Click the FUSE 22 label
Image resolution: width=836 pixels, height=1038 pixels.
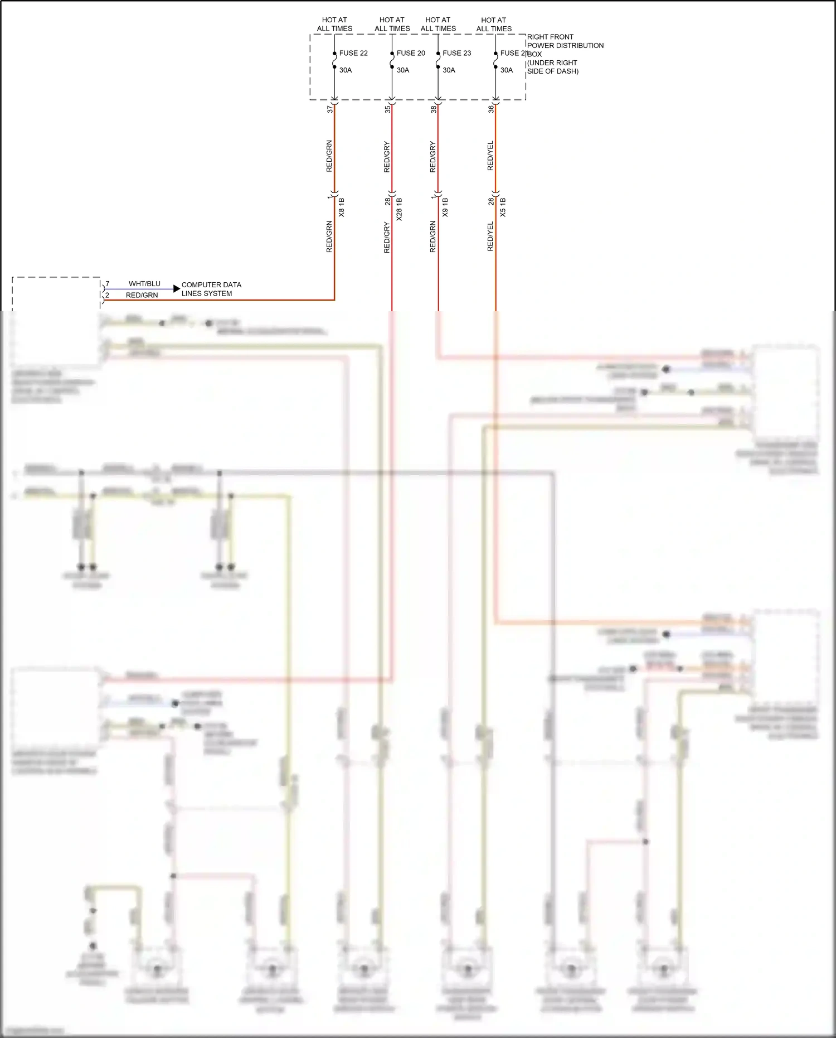tap(353, 53)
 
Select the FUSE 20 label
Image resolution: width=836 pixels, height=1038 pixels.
tap(411, 53)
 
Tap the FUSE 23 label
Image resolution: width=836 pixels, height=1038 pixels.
tap(456, 53)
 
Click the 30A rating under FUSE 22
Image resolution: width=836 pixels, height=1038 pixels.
tap(346, 70)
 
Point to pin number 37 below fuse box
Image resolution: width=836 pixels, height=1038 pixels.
tap(330, 109)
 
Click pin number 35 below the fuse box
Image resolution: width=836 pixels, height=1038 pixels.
tap(388, 109)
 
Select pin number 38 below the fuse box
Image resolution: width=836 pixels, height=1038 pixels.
tap(434, 109)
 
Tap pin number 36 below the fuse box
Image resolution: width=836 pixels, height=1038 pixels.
tap(491, 109)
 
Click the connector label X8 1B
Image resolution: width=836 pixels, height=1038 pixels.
tap(342, 207)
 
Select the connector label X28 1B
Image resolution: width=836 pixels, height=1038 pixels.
tap(399, 209)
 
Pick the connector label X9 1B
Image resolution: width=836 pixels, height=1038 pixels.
tap(445, 207)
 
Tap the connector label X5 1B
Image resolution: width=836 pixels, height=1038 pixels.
tap(503, 207)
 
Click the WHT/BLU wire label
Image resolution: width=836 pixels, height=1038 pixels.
tap(144, 284)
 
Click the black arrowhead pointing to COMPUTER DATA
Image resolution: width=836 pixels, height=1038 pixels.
tap(177, 288)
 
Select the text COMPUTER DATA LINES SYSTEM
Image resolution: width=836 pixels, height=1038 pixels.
tap(211, 289)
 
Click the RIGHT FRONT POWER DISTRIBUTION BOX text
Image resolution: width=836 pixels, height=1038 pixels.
tap(564, 54)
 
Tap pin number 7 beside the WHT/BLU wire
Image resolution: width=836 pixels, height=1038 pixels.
tap(108, 284)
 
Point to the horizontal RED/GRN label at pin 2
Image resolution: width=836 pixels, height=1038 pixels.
tap(142, 295)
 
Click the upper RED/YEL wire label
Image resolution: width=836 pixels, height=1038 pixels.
tap(490, 156)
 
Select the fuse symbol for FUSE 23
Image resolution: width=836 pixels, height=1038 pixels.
tap(438, 60)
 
